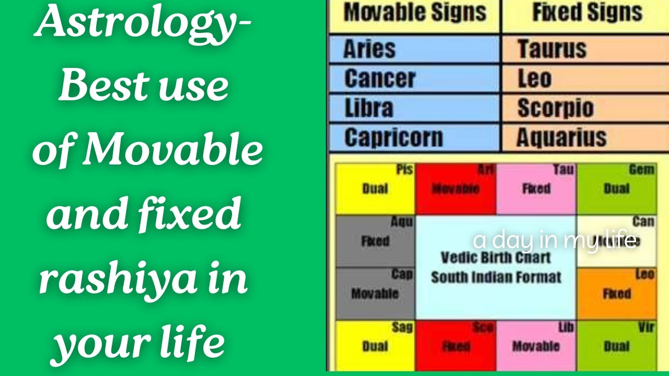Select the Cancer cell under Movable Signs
(x=413, y=79)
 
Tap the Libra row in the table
(x=413, y=108)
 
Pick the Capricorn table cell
(x=413, y=138)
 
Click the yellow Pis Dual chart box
(x=375, y=189)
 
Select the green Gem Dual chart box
(x=617, y=189)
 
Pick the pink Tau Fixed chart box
(x=536, y=189)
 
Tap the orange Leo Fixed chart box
(x=617, y=293)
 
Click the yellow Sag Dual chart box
(x=375, y=346)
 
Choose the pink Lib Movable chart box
(x=536, y=346)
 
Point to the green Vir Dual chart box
(x=617, y=346)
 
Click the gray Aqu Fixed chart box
(x=375, y=241)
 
